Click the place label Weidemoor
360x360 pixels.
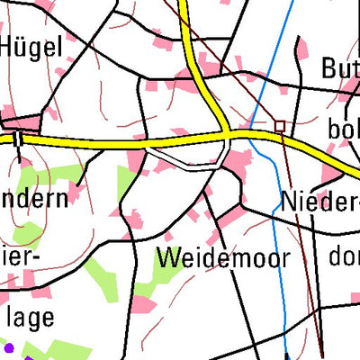(224, 258)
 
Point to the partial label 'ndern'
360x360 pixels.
(34, 198)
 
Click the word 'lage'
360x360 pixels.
(28, 317)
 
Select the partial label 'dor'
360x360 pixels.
(343, 257)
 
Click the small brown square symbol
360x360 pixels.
(280, 127)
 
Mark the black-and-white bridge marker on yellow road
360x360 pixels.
(17, 139)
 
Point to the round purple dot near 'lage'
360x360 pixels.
(9, 346)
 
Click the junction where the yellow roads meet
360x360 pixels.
(224, 135)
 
